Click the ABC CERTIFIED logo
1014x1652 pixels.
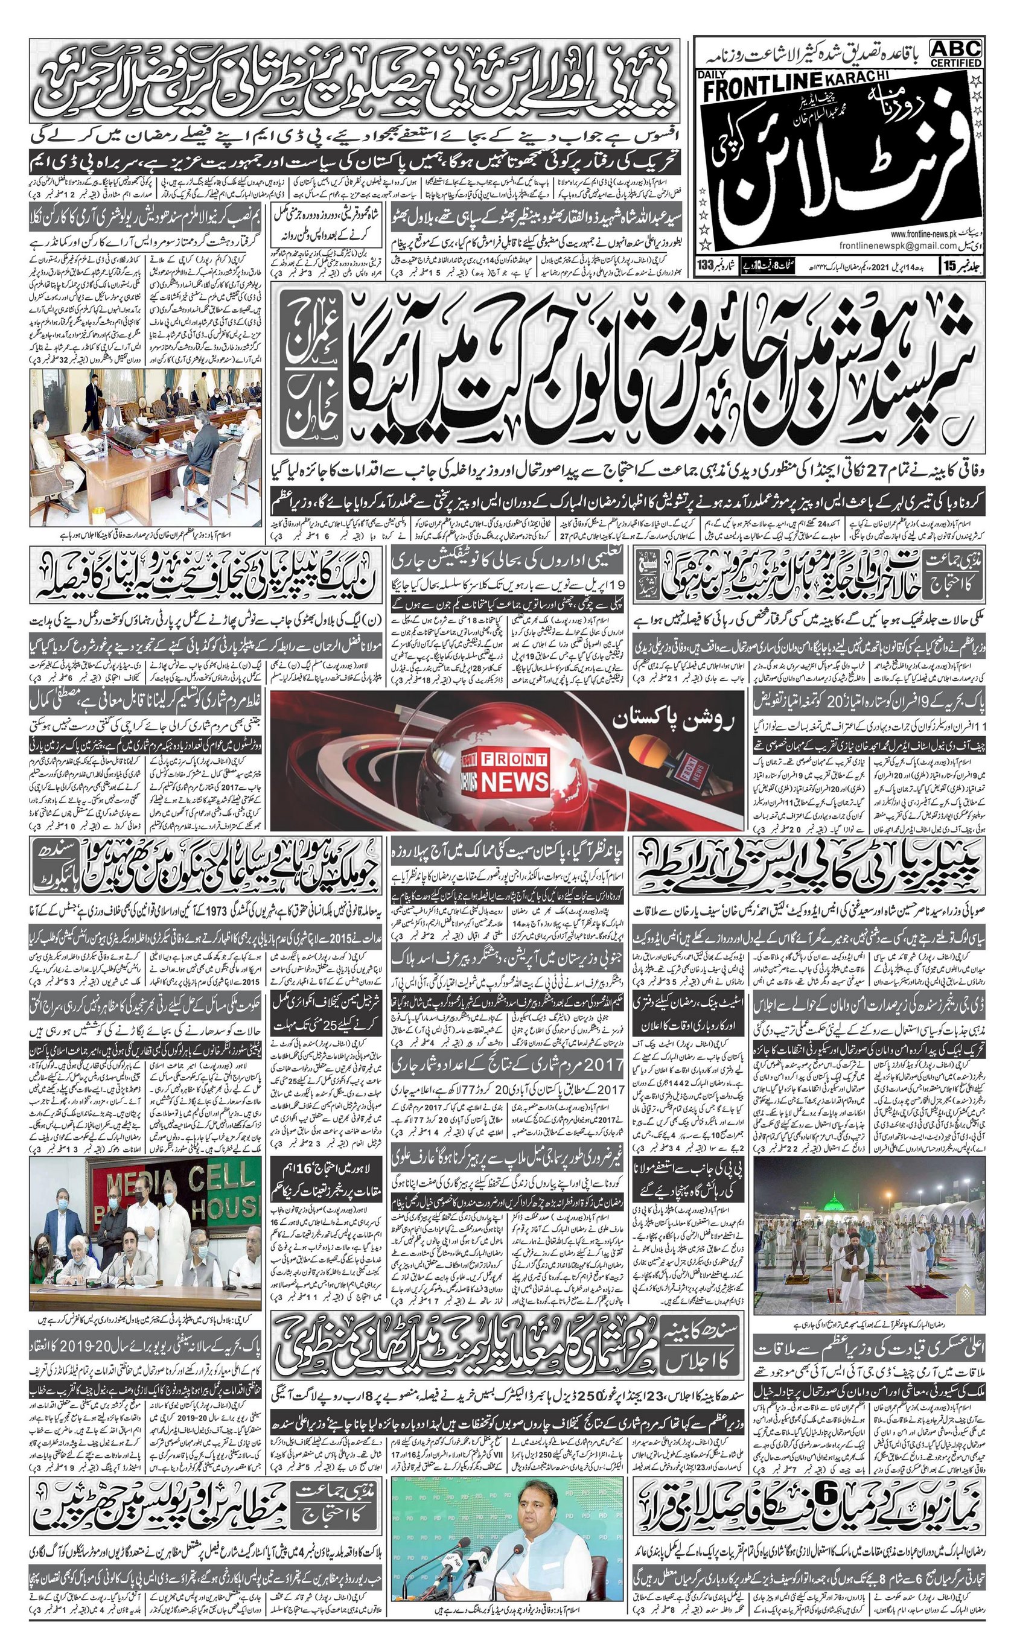(x=955, y=52)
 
